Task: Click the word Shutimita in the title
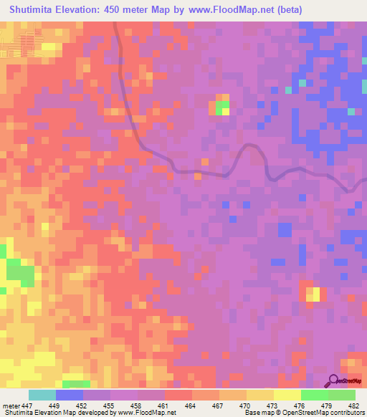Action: pos(33,9)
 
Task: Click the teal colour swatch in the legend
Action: pos(42,395)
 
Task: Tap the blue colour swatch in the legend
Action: pos(70,395)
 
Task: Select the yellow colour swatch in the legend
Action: pos(287,395)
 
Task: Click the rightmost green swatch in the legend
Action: pos(342,395)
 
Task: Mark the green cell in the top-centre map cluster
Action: pos(221,107)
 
